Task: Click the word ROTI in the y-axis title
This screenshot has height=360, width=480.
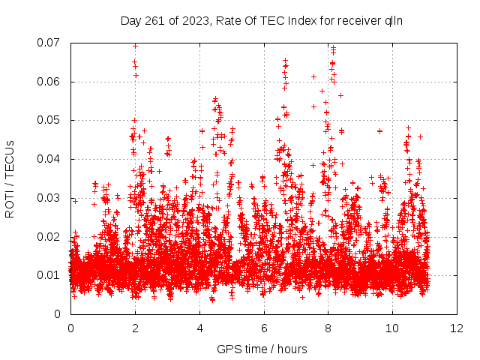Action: (x=10, y=203)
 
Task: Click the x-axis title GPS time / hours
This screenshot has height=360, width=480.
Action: (x=262, y=349)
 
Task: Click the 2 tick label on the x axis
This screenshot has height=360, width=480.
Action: (x=135, y=328)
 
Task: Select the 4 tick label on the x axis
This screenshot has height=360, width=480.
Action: (x=199, y=328)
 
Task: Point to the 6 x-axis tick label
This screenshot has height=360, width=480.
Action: (x=264, y=328)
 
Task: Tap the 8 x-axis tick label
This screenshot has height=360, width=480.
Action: (x=328, y=328)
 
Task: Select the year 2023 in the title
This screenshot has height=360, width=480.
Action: (x=191, y=21)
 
